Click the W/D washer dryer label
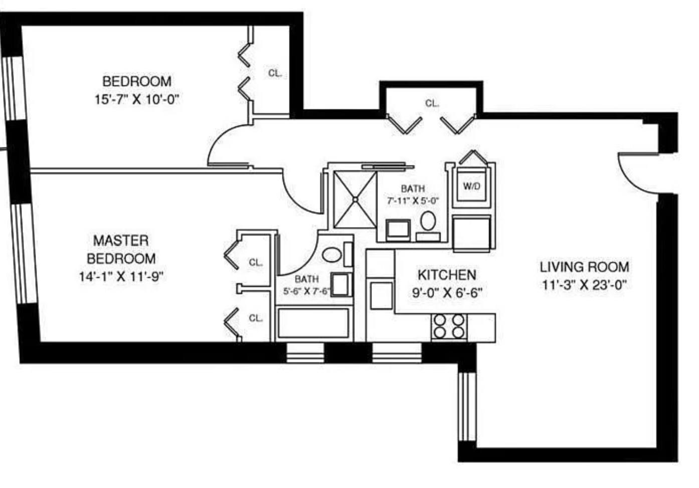[x=471, y=187]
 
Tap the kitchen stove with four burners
[x=449, y=326]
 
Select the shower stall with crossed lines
[x=355, y=199]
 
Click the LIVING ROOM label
[x=584, y=267]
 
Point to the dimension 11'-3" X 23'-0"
[x=584, y=285]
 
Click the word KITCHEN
[x=447, y=275]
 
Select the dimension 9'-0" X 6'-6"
[x=447, y=293]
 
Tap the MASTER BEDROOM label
[x=121, y=250]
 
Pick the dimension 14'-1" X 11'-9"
[x=121, y=277]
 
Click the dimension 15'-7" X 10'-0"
[x=137, y=99]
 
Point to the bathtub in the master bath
[x=313, y=323]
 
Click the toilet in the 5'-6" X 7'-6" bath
[x=331, y=255]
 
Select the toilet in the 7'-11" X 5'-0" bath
[x=428, y=220]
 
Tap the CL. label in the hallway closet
[x=432, y=104]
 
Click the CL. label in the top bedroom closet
[x=275, y=73]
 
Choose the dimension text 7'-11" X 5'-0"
[x=413, y=201]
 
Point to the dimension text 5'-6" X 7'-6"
[x=306, y=291]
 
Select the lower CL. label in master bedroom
[x=256, y=318]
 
